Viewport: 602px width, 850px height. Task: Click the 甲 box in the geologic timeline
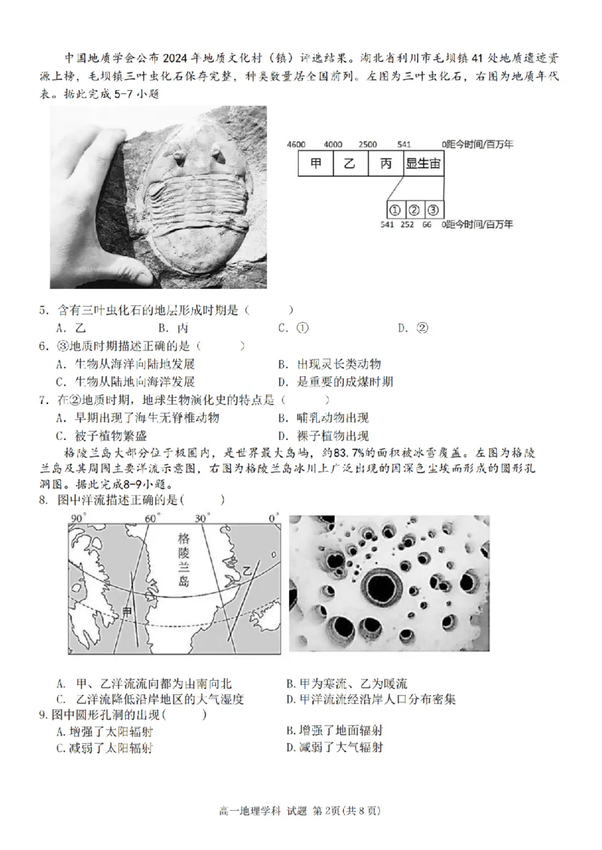[314, 164]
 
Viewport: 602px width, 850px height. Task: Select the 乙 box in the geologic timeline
[349, 164]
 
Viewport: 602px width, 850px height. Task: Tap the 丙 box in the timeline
[385, 164]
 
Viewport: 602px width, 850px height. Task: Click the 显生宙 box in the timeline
[422, 164]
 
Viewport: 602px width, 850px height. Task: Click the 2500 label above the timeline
[368, 144]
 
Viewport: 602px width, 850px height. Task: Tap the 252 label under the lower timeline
[407, 224]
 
